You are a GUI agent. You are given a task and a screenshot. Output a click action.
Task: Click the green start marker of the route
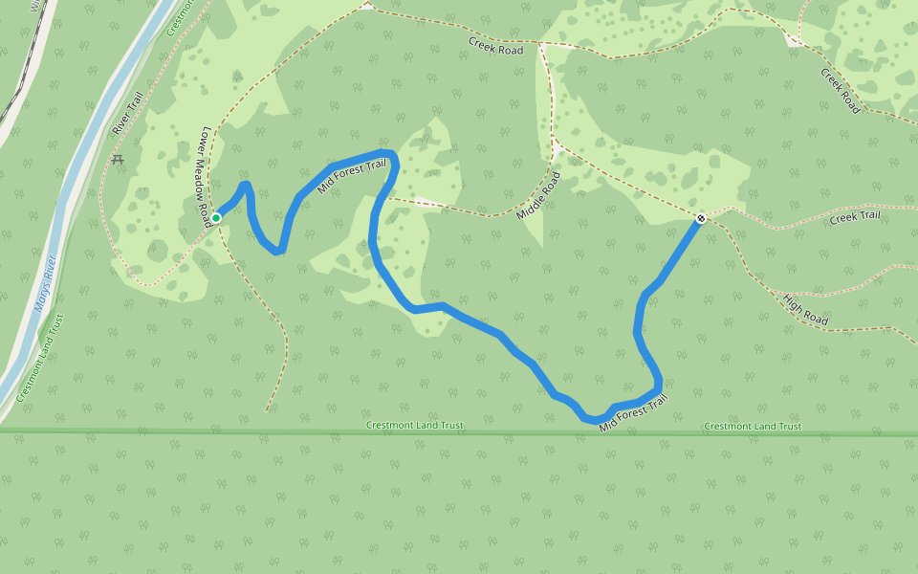coord(216,218)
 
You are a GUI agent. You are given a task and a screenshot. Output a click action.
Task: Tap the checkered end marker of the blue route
coord(701,219)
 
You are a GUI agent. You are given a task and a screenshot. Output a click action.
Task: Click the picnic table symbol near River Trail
coord(118,160)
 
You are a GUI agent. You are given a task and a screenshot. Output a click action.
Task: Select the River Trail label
coord(126,114)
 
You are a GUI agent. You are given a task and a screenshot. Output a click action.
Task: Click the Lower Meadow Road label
coord(203,176)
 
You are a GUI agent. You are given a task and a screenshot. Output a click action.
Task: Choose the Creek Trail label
coord(854,217)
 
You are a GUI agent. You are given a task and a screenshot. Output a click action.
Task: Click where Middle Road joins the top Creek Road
coord(541,45)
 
